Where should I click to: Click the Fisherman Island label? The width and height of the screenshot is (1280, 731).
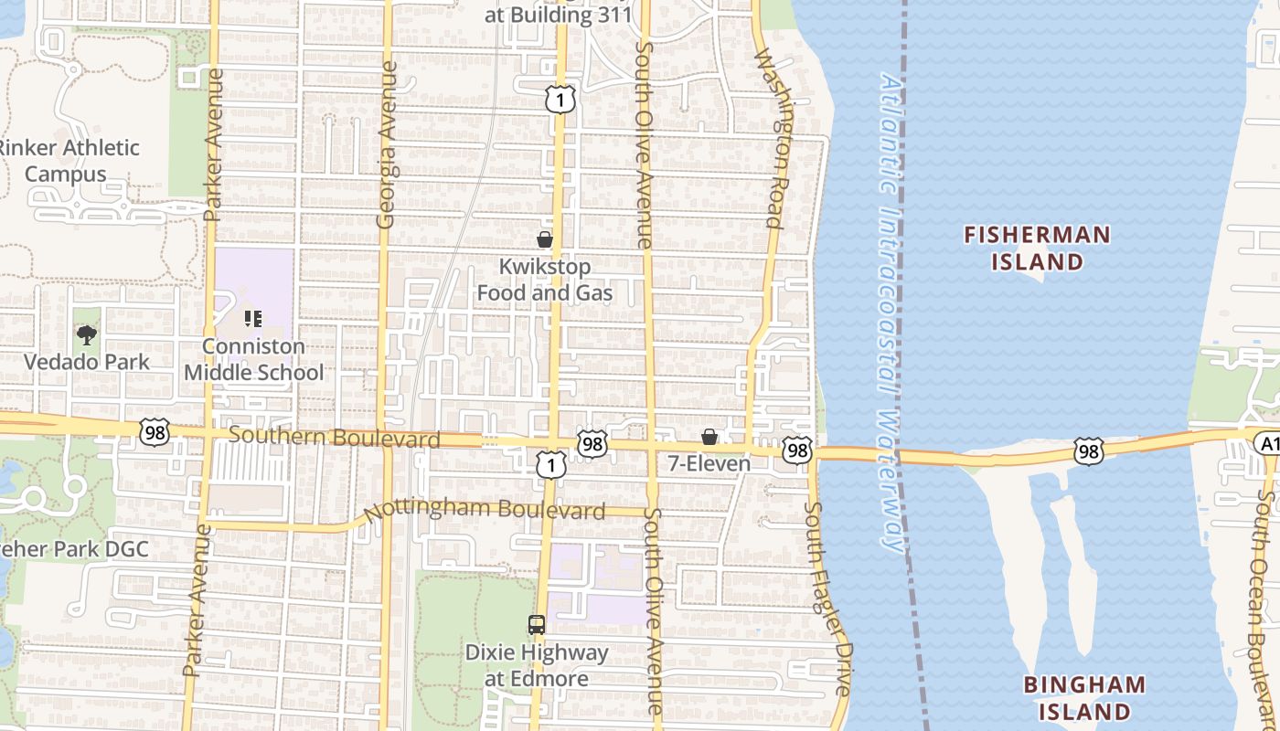click(x=1037, y=249)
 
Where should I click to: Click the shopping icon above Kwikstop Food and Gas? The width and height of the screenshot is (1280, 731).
click(x=545, y=239)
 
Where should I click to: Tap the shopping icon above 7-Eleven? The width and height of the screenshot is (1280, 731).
click(x=709, y=437)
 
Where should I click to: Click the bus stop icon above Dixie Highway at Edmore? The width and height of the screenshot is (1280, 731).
click(x=537, y=625)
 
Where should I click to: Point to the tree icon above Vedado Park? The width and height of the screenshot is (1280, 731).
click(x=86, y=334)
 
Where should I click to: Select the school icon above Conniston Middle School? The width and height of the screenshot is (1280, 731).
click(x=252, y=319)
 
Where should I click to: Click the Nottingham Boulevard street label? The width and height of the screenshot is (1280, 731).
click(x=485, y=510)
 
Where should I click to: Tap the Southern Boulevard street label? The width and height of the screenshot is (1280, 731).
click(x=334, y=438)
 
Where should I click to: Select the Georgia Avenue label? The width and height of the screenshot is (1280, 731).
click(x=387, y=144)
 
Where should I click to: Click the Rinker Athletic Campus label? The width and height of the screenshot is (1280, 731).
click(x=69, y=161)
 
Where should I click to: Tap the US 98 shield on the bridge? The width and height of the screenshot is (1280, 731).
click(x=1088, y=450)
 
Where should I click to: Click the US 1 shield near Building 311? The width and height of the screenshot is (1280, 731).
click(x=560, y=99)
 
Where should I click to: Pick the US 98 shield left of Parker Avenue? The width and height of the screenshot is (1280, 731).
click(x=155, y=432)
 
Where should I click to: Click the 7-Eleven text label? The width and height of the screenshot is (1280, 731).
click(x=709, y=463)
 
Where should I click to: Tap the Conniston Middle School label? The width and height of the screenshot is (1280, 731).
click(x=253, y=359)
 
